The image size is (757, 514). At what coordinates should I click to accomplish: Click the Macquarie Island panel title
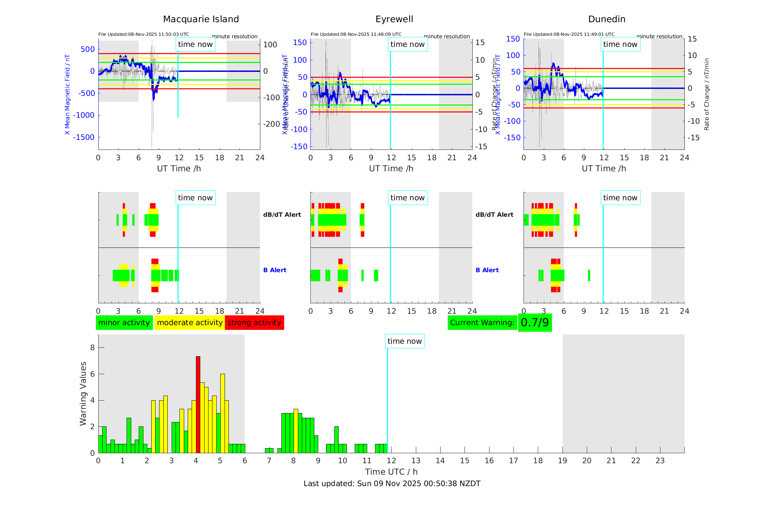pos(201,19)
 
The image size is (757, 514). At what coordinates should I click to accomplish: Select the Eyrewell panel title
pos(394,19)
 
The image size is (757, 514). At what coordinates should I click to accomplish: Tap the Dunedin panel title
pos(606,19)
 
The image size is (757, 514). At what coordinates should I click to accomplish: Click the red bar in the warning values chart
pos(198,404)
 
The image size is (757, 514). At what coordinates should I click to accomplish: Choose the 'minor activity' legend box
pos(124,323)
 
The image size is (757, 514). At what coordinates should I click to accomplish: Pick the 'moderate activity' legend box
pos(190,323)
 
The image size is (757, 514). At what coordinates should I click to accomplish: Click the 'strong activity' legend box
pos(254,323)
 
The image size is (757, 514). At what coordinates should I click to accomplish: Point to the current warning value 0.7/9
pos(535,323)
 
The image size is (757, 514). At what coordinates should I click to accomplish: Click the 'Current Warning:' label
pos(482,323)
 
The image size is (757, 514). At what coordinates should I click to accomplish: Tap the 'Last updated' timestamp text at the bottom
pos(392,484)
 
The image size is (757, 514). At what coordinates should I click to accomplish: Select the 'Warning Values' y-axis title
pos(83,393)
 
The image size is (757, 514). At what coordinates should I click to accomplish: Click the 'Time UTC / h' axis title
pos(391,472)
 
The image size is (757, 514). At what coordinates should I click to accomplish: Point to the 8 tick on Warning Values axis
pos(93,348)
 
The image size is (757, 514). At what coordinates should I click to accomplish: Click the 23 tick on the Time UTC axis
pos(660,461)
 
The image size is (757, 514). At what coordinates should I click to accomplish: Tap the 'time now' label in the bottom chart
pos(404,341)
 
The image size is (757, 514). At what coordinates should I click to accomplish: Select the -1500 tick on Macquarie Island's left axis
pos(84,137)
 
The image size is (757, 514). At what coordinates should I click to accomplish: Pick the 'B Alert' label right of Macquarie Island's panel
pos(275,270)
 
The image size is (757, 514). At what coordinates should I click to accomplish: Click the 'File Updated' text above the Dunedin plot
pos(569,34)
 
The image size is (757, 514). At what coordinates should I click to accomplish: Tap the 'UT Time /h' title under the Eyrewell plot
pos(391,168)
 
